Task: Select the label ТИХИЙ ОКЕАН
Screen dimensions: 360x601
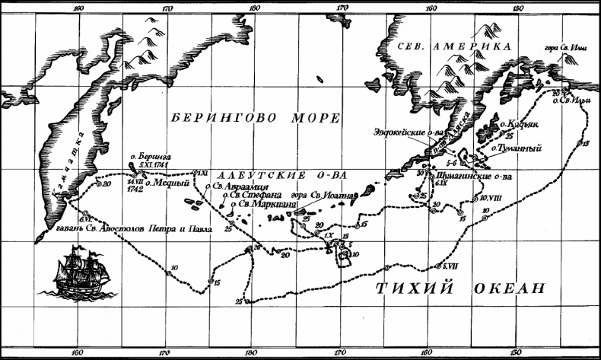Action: tap(461, 288)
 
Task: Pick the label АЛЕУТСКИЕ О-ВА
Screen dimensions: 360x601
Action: tap(281, 174)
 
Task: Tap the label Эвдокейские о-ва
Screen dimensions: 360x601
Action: tap(409, 132)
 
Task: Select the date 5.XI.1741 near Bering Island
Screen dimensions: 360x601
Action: tap(156, 164)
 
